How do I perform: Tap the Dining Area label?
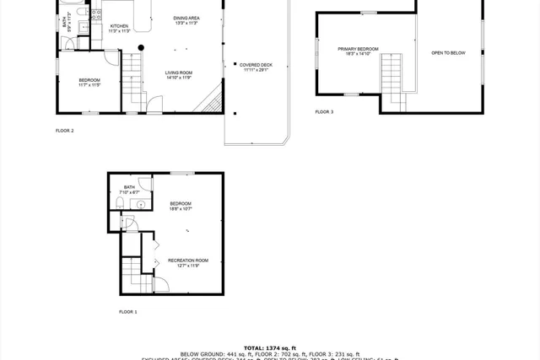(186, 19)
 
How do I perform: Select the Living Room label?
(179, 75)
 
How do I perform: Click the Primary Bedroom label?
(359, 51)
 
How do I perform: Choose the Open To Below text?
(448, 52)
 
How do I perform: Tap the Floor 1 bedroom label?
(181, 205)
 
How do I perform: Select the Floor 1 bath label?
(129, 189)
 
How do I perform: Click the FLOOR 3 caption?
(324, 111)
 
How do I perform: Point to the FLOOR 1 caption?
(127, 311)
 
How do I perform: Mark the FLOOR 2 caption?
(65, 130)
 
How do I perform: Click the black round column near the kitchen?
(141, 47)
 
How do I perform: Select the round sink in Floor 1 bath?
(141, 203)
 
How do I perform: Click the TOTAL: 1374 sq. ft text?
(269, 347)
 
